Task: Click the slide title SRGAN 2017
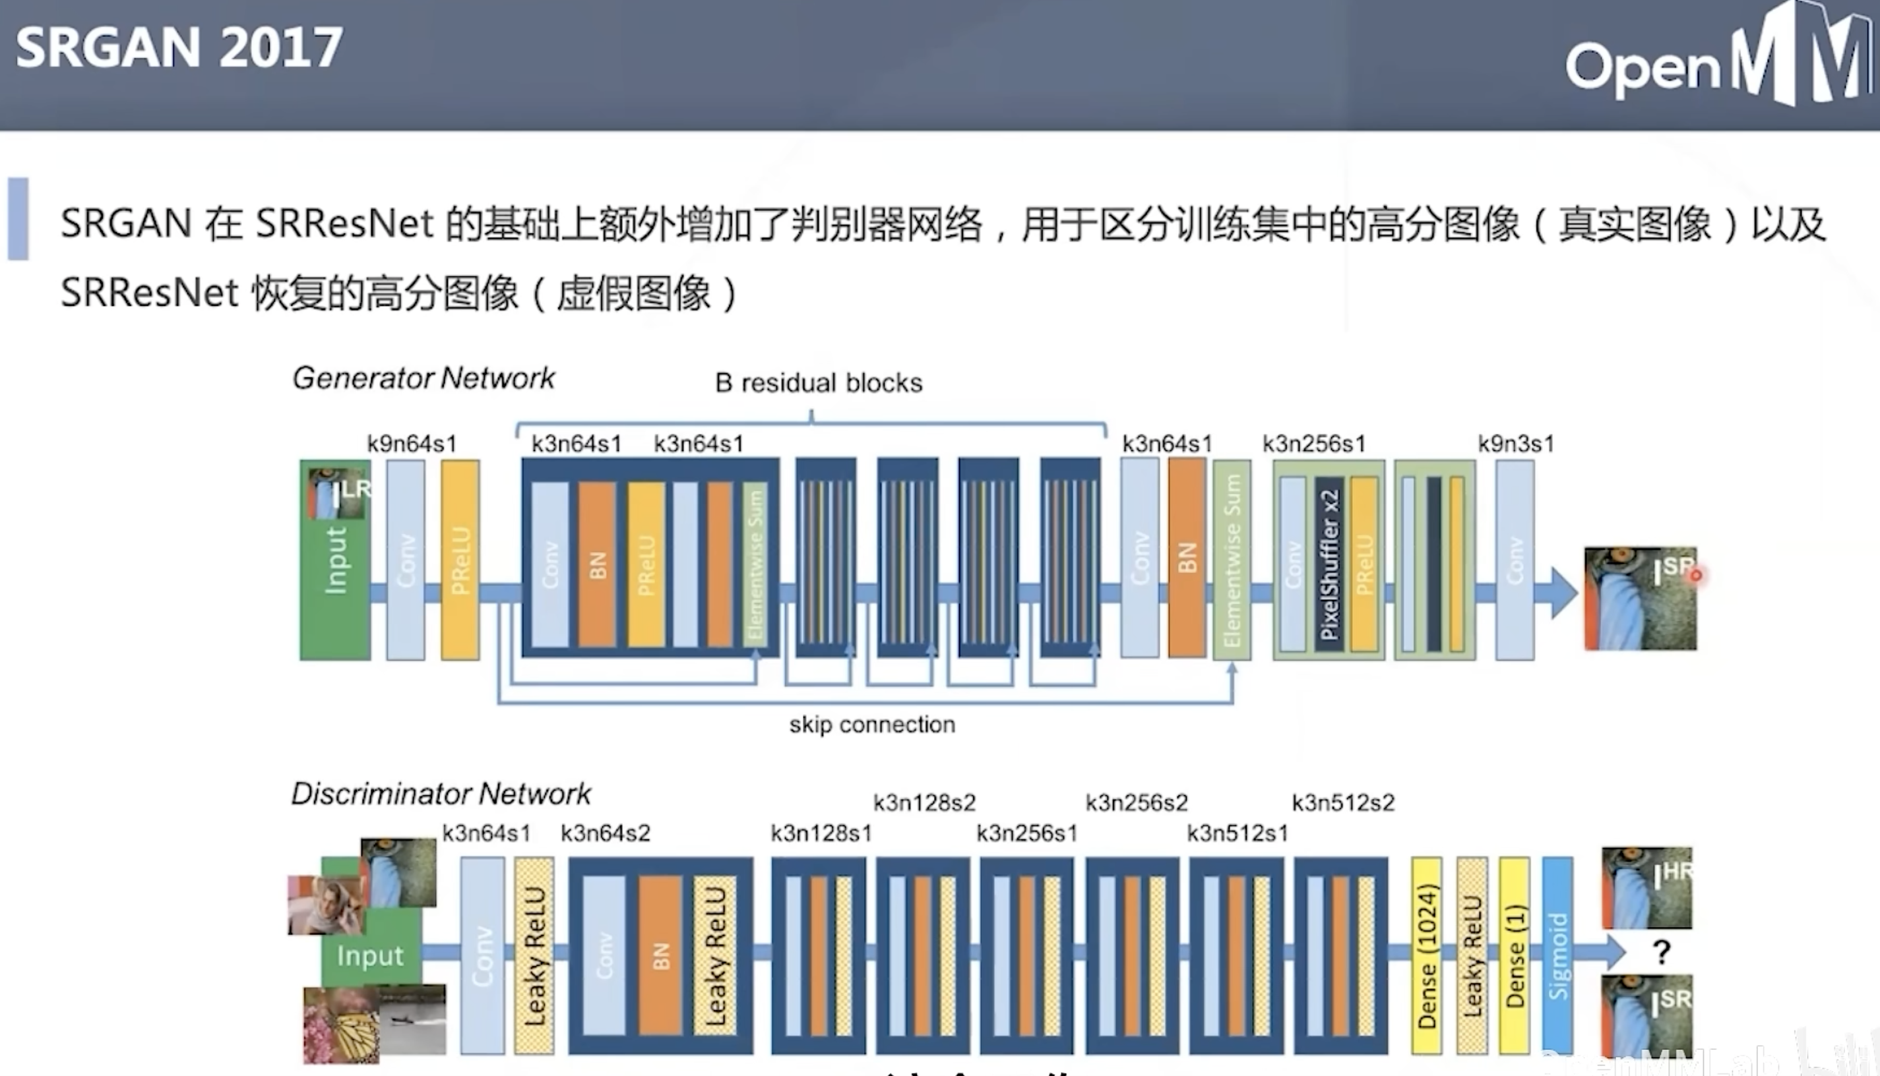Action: (179, 48)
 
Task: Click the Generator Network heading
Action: (423, 378)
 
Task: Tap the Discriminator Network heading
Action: (441, 794)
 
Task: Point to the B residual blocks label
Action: (819, 383)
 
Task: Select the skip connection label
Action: (871, 724)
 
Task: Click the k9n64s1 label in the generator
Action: (412, 444)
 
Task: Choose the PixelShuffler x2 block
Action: (1329, 563)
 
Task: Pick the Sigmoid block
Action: (1557, 955)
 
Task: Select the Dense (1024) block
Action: (1426, 955)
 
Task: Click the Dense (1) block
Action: (1514, 955)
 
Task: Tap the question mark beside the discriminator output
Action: (1661, 951)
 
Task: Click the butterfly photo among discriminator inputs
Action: (342, 1026)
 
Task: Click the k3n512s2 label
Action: (1342, 802)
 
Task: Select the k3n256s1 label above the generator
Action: (1314, 444)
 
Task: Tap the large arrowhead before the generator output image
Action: (1563, 593)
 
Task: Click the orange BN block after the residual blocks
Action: (1187, 558)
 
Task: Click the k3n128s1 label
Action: (821, 833)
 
